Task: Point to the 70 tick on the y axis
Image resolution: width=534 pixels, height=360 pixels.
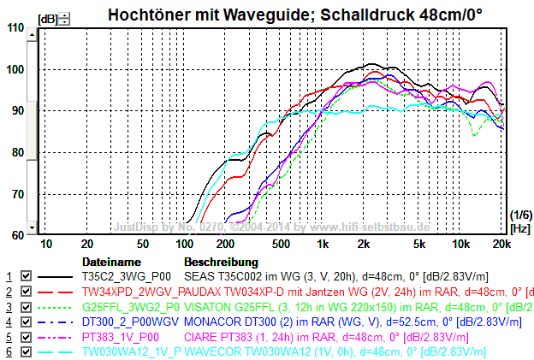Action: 17,194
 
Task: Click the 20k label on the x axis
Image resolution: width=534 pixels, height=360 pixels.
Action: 501,244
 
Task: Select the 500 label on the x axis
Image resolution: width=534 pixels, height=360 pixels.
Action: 280,244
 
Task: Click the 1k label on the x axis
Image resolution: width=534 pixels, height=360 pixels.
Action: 323,244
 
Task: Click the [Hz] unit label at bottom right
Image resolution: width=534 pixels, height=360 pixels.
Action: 519,229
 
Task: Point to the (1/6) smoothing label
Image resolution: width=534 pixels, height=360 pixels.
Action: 519,215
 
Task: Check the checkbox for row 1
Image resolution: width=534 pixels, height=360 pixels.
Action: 26,277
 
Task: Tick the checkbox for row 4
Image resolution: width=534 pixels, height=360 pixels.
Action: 26,321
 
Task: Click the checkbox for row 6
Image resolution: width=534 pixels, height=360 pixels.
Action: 26,350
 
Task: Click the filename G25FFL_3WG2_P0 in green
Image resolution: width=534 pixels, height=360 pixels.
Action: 131,306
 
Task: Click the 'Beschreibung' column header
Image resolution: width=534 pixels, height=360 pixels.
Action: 221,261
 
